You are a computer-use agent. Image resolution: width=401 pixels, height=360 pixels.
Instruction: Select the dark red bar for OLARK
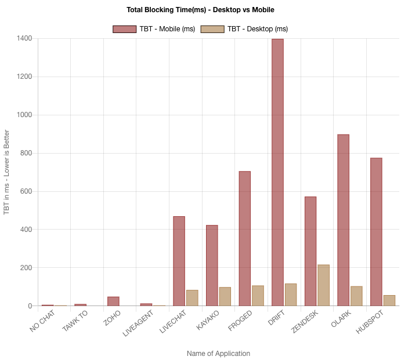point(344,220)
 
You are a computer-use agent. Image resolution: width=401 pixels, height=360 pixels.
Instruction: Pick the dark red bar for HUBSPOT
point(376,231)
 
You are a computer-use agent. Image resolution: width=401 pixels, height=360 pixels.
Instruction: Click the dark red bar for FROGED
point(245,238)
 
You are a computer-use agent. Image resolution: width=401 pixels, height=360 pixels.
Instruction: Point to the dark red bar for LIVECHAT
point(179,260)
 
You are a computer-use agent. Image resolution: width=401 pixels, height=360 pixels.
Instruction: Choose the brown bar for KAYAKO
point(225,296)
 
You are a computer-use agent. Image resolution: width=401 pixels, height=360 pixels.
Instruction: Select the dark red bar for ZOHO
point(114,301)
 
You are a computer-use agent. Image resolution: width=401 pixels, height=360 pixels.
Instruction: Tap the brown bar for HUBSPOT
point(389,300)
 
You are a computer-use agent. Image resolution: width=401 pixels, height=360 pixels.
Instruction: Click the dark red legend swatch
point(125,29)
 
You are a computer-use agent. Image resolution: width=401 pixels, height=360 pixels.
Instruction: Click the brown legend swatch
point(212,29)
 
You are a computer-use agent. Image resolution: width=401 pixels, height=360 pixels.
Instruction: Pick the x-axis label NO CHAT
point(43,323)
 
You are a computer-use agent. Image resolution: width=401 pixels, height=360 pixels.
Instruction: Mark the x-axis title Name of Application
point(218,354)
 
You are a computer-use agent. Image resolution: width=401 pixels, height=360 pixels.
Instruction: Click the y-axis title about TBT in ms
point(7,172)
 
